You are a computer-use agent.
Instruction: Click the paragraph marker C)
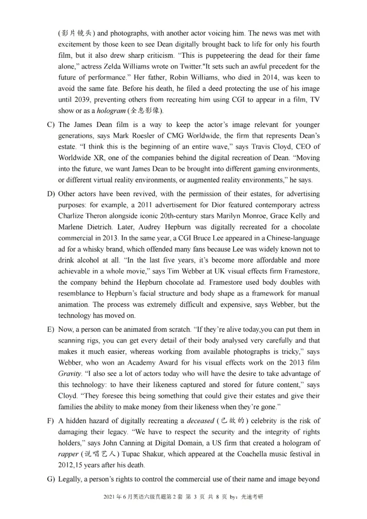tap(51, 125)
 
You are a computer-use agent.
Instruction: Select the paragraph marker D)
tap(51, 194)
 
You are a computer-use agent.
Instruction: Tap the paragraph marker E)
tap(51, 330)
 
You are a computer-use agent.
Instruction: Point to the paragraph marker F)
tap(51, 421)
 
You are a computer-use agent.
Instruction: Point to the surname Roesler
tap(155, 136)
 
